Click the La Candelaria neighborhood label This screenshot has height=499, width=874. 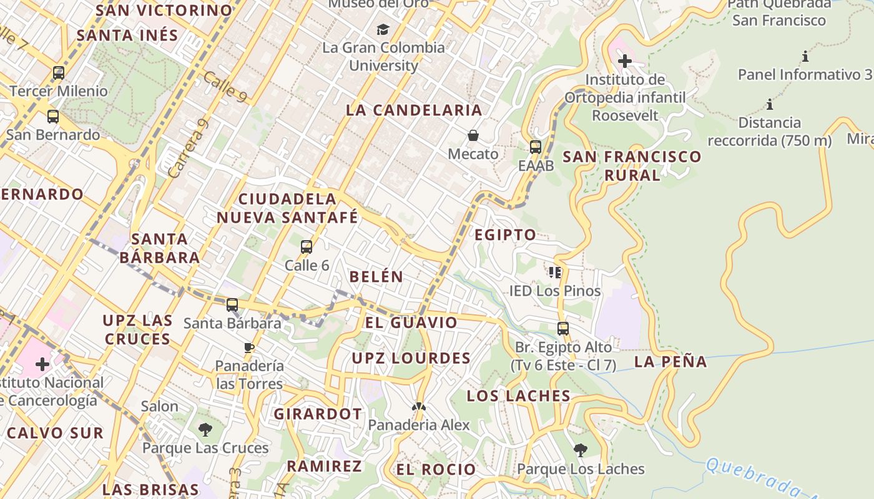click(414, 110)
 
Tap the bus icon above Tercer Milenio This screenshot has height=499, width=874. click(59, 73)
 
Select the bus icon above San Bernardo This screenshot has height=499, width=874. click(53, 117)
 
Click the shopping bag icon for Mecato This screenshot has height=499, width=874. click(473, 135)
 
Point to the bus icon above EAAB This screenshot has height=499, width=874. click(536, 147)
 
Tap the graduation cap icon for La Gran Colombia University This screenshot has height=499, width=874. click(383, 29)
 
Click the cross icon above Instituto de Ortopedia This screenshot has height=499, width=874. click(624, 61)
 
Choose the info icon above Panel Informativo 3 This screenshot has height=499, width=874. click(805, 57)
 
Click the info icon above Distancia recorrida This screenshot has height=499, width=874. click(770, 104)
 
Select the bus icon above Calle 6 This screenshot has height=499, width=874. click(307, 247)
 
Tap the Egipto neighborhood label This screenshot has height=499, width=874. click(505, 235)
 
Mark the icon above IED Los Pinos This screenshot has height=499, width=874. click(554, 273)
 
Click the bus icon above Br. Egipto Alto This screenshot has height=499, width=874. click(563, 329)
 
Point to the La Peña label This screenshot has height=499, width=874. click(670, 362)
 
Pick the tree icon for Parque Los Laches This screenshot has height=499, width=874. click(581, 450)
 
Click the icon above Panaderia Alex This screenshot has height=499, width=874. click(418, 407)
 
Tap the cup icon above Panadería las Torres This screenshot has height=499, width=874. click(249, 347)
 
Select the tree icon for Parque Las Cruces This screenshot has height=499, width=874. click(205, 430)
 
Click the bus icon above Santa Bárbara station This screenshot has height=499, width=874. click(232, 305)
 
